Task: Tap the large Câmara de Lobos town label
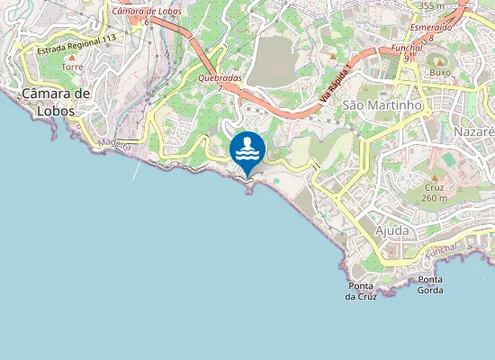click(x=57, y=102)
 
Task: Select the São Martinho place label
click(x=382, y=105)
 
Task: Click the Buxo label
click(x=439, y=72)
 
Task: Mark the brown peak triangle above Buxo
click(x=439, y=60)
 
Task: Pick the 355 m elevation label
click(x=432, y=5)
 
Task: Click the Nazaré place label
click(x=475, y=131)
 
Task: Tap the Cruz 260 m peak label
click(x=435, y=193)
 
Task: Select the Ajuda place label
click(x=391, y=230)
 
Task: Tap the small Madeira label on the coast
click(x=114, y=144)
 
